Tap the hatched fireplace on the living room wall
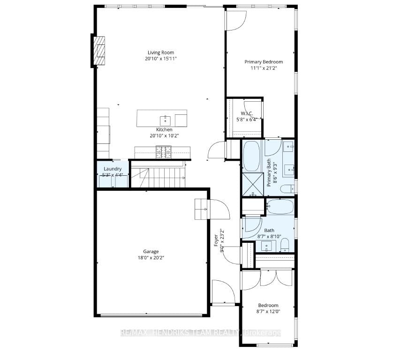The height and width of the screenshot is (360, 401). tap(99, 51)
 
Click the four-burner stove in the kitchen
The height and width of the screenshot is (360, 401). tap(164, 152)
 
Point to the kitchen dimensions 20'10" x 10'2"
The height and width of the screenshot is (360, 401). tap(164, 135)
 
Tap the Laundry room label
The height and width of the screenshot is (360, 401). tap(113, 169)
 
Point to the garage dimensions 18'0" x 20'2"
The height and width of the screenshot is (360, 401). tap(151, 257)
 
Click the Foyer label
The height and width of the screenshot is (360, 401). tap(216, 237)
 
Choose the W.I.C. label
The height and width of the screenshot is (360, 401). tap(247, 113)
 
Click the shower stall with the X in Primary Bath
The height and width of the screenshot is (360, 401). tap(253, 184)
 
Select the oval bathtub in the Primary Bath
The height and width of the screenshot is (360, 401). tap(252, 155)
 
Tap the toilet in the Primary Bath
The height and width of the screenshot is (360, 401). tap(287, 188)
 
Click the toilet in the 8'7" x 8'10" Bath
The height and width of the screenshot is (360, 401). tap(284, 246)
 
